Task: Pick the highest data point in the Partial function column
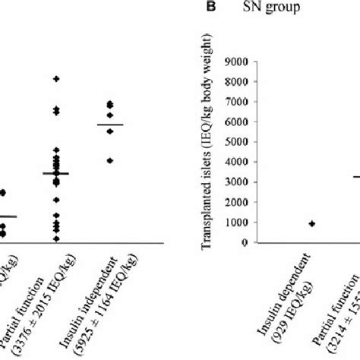coord(55,79)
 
